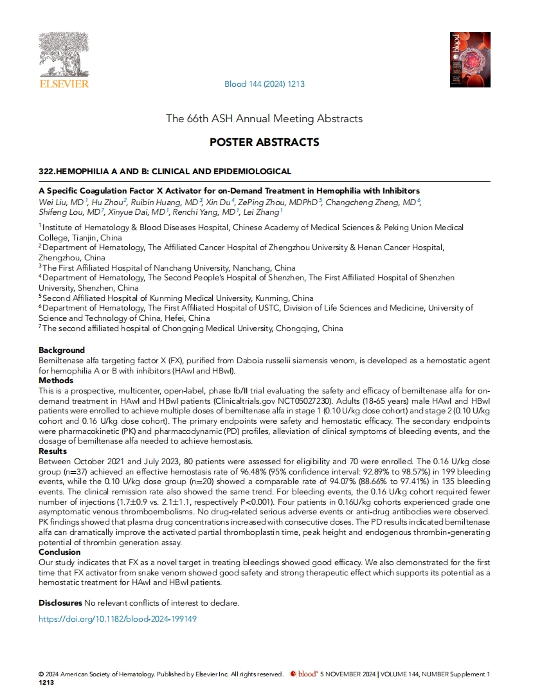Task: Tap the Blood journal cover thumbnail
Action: (x=470, y=59)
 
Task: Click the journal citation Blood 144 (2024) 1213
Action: (x=264, y=84)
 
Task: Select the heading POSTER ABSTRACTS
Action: (x=264, y=141)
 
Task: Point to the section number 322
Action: (x=47, y=171)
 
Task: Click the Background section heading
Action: (x=62, y=350)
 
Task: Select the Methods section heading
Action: (x=56, y=381)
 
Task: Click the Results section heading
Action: (x=54, y=452)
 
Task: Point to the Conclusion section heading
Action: (x=60, y=552)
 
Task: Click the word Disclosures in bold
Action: (x=60, y=603)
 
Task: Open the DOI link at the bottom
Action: (x=117, y=619)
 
